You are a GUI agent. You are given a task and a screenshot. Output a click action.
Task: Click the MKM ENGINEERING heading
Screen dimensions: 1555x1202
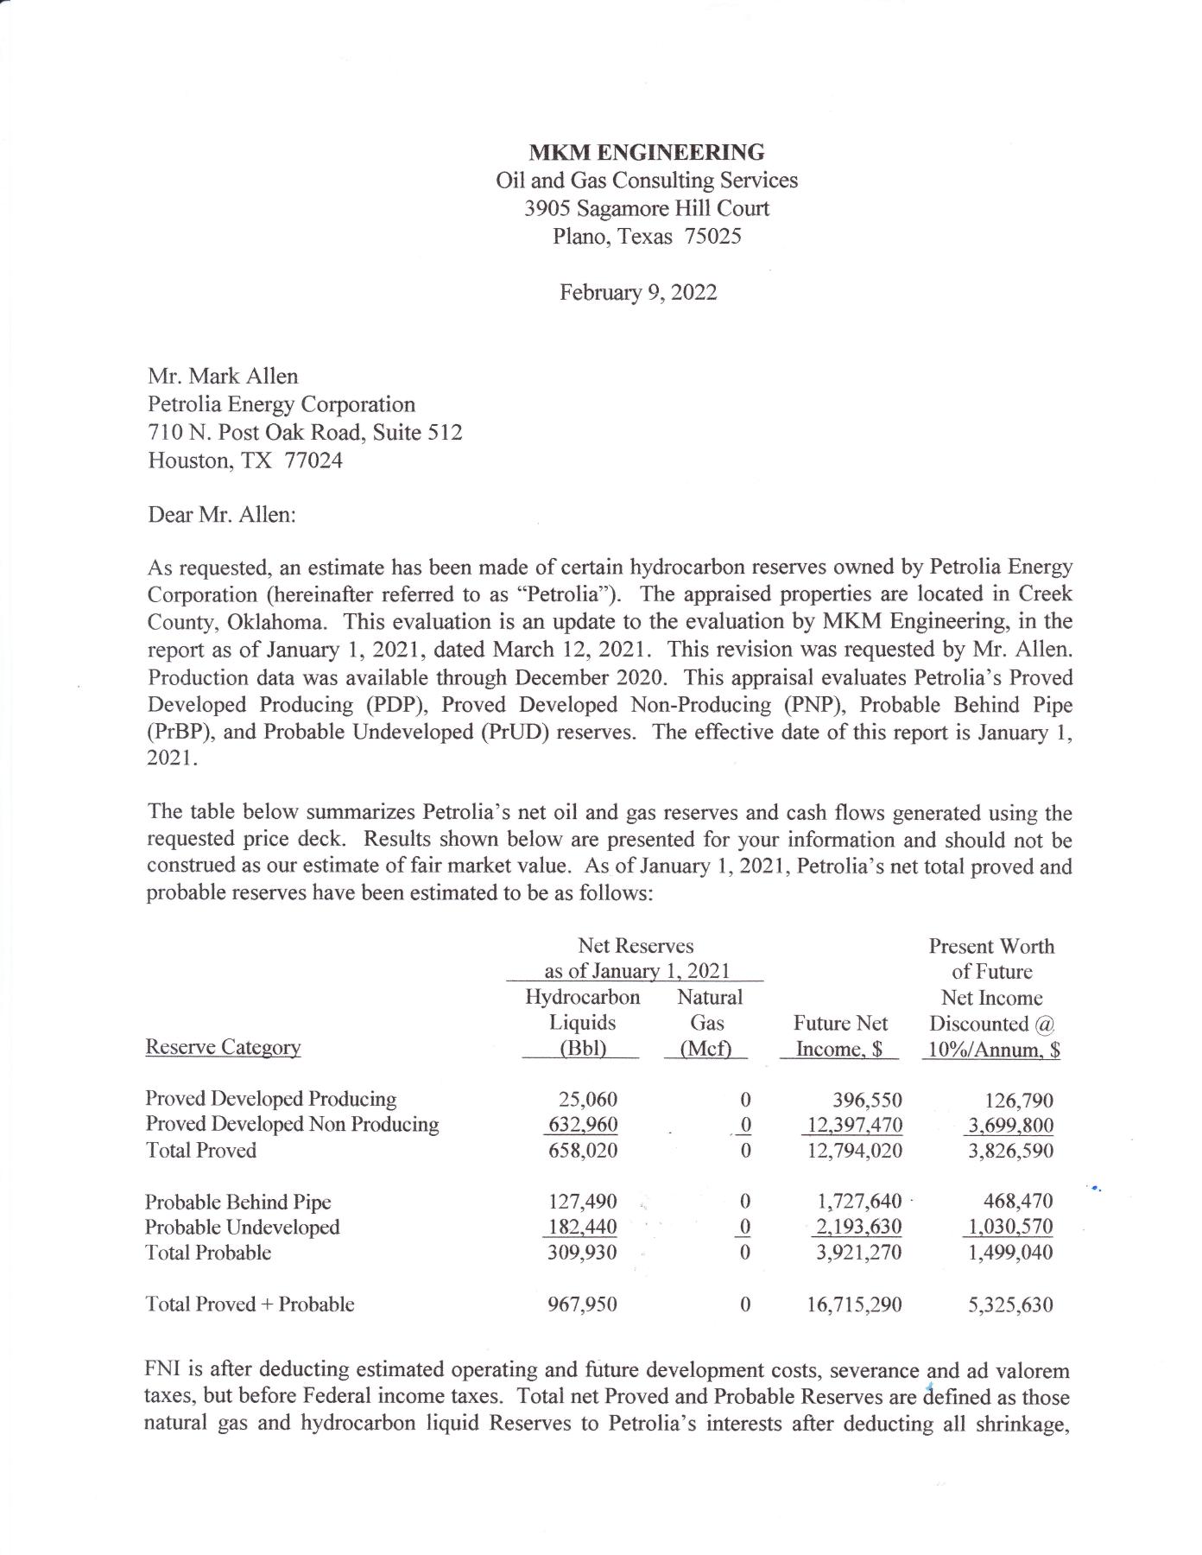[646, 153]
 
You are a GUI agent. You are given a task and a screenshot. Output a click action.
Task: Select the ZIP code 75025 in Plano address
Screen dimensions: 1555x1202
[712, 236]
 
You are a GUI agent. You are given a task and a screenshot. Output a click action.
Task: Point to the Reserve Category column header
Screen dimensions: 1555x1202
[223, 1047]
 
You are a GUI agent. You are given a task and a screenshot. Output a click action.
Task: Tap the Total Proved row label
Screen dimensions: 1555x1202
[200, 1151]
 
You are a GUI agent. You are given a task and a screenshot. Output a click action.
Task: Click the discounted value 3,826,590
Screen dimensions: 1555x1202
[1010, 1151]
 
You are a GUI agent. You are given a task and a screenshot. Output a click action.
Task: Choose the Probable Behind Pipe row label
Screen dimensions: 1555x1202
[237, 1202]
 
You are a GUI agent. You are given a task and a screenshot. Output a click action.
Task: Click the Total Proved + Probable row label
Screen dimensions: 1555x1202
[250, 1304]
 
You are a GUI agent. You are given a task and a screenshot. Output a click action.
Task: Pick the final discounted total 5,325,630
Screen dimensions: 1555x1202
[1010, 1304]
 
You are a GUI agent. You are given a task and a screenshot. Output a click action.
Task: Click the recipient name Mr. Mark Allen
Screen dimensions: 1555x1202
[223, 377]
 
